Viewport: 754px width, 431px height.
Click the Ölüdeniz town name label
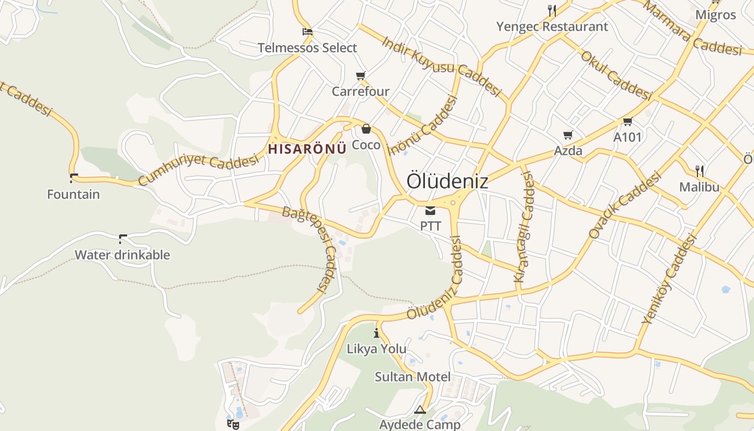click(x=447, y=181)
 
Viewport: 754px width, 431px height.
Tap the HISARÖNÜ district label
click(x=307, y=149)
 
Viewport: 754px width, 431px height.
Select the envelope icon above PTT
click(x=430, y=211)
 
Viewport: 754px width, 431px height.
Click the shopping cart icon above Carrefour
click(x=360, y=76)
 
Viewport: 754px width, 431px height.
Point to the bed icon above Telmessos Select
click(x=308, y=32)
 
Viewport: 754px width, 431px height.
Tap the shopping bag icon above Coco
click(x=366, y=129)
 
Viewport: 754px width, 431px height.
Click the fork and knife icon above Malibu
click(x=700, y=172)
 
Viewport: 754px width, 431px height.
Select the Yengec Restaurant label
click(x=552, y=26)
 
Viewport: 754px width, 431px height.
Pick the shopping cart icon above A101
click(x=627, y=122)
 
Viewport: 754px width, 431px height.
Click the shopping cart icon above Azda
click(x=568, y=135)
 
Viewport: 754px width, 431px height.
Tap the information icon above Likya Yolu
click(x=376, y=333)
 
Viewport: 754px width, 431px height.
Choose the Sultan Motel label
click(x=413, y=377)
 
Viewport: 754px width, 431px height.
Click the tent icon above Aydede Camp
click(x=420, y=410)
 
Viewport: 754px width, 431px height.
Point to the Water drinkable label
click(x=122, y=255)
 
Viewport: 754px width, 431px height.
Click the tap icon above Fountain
click(x=74, y=178)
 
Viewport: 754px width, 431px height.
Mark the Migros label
click(x=716, y=15)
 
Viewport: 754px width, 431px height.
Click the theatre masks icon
click(x=233, y=424)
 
